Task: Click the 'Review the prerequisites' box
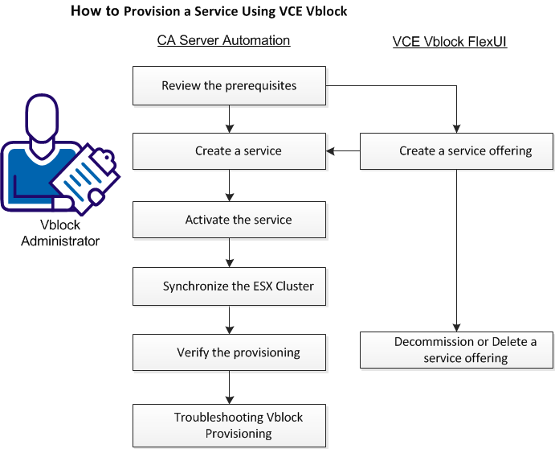(x=229, y=86)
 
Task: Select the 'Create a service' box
(x=229, y=151)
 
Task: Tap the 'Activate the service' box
(x=229, y=220)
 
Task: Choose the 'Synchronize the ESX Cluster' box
(x=229, y=286)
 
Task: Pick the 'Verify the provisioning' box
(x=229, y=352)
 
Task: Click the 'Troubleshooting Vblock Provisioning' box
(x=229, y=426)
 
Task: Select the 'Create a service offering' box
(x=456, y=151)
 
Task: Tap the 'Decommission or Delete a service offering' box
(x=456, y=350)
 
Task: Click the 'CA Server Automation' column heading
(x=223, y=40)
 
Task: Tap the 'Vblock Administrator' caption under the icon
(x=60, y=233)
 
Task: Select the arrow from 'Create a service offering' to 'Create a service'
(x=342, y=151)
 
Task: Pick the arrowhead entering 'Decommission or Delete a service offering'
(x=456, y=327)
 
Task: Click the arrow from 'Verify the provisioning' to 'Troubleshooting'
(x=230, y=387)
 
